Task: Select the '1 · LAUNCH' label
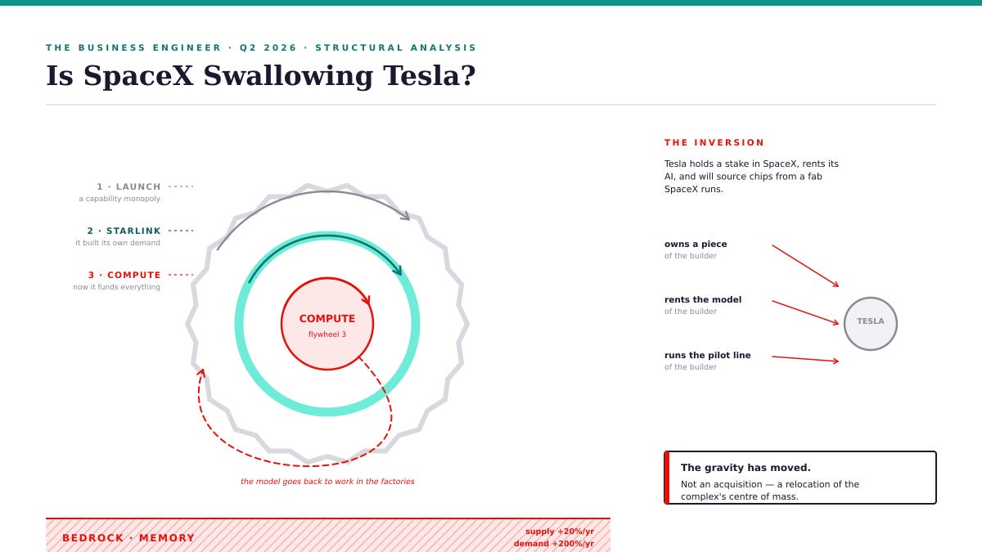point(129,186)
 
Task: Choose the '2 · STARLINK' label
point(124,231)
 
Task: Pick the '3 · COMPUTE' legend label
point(124,275)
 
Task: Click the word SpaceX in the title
point(138,75)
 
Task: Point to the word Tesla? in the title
point(430,75)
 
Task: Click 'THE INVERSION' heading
point(714,143)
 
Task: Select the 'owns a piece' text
point(696,244)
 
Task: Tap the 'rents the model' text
point(703,299)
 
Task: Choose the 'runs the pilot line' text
point(707,355)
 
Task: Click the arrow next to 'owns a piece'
point(805,266)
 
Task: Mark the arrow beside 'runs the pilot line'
point(805,359)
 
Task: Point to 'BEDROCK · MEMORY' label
point(128,538)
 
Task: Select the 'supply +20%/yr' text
point(560,532)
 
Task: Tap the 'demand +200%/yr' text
point(554,544)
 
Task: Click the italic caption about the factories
point(327,482)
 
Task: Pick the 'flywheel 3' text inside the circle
point(327,334)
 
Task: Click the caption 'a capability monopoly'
point(119,199)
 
